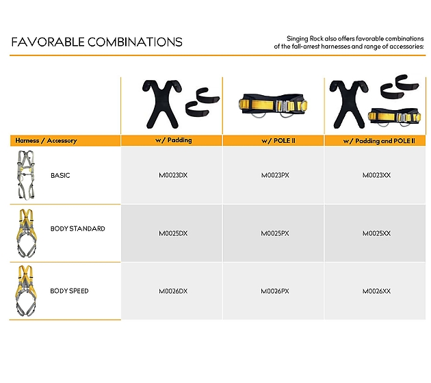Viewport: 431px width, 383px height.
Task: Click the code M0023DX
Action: pyautogui.click(x=173, y=175)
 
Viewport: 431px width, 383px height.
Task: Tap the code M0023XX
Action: pyautogui.click(x=376, y=175)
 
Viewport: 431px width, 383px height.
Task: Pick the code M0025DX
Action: pyautogui.click(x=173, y=233)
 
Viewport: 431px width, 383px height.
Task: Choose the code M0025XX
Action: pyautogui.click(x=376, y=233)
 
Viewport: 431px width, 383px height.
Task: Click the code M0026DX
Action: pyautogui.click(x=173, y=291)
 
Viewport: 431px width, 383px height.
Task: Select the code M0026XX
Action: pyautogui.click(x=376, y=291)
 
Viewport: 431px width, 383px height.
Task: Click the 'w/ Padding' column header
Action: pyautogui.click(x=174, y=140)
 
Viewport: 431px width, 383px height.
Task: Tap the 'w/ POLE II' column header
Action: pyautogui.click(x=278, y=141)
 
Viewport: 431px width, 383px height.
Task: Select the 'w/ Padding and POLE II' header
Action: pyautogui.click(x=379, y=141)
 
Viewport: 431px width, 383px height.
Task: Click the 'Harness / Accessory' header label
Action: pyautogui.click(x=46, y=141)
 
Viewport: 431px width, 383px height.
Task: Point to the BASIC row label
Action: pyautogui.click(x=60, y=176)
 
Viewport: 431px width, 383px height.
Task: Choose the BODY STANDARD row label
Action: pyautogui.click(x=78, y=228)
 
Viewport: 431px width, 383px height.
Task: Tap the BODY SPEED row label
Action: pyautogui.click(x=69, y=291)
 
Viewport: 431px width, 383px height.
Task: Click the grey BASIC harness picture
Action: pyautogui.click(x=26, y=174)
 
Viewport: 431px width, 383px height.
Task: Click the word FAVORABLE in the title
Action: pyautogui.click(x=48, y=42)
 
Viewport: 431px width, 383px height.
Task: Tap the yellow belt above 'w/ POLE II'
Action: pyautogui.click(x=273, y=106)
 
